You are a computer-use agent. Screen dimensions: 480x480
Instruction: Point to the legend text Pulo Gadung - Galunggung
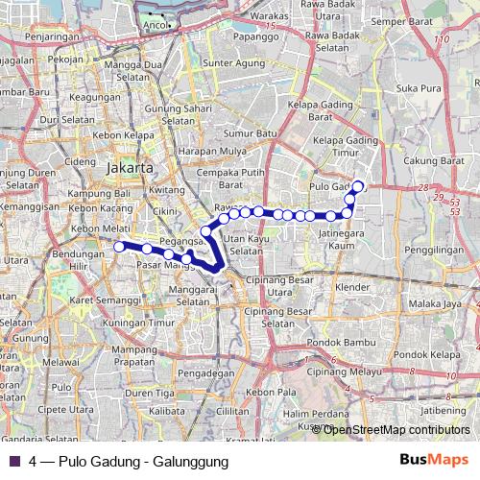(143, 461)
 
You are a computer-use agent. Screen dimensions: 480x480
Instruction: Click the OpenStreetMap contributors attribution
(393, 429)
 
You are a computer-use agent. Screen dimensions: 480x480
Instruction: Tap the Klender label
(351, 287)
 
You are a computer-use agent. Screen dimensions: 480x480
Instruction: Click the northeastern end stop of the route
(358, 186)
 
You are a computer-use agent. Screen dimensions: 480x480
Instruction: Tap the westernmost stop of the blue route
(119, 247)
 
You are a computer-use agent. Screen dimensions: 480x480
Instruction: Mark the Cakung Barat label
(433, 159)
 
